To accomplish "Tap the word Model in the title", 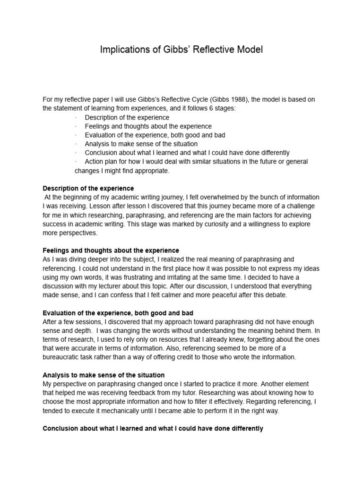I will [x=246, y=50].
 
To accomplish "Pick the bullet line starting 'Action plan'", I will [x=196, y=162].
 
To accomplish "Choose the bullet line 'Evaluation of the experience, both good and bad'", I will [x=155, y=135].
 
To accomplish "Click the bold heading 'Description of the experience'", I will [x=88, y=188].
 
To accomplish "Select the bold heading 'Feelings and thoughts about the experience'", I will [x=111, y=251].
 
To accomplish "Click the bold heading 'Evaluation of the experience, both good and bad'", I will [x=118, y=313].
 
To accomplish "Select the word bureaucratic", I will [x=65, y=357].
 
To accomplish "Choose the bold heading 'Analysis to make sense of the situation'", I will [x=104, y=375].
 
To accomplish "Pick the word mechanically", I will [x=117, y=411].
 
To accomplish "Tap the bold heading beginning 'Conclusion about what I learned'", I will [x=153, y=429].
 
